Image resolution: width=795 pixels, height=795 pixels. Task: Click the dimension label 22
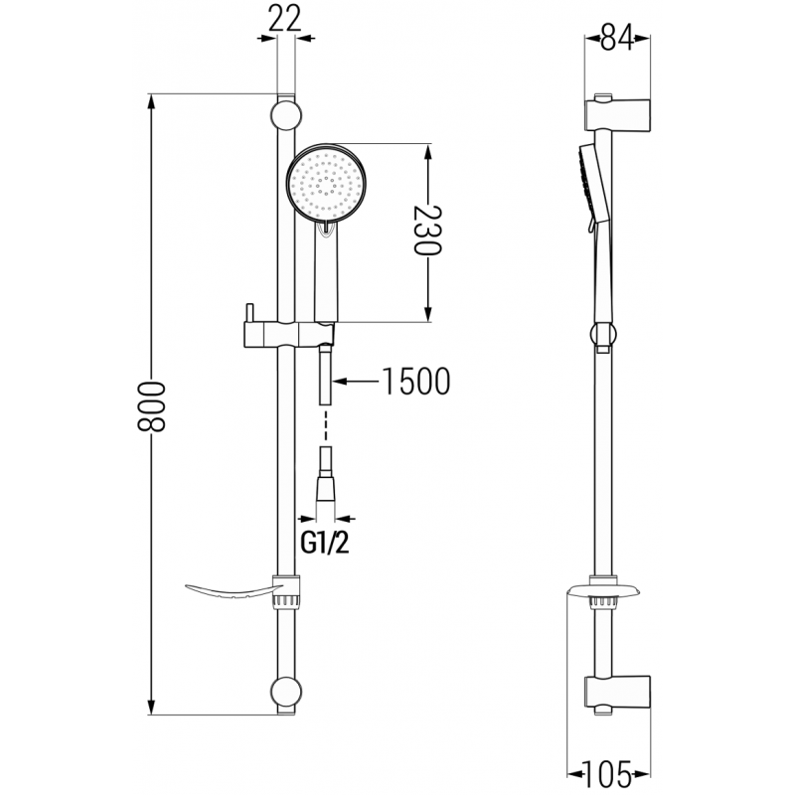point(285,19)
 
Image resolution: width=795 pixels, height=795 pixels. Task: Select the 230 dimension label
point(427,233)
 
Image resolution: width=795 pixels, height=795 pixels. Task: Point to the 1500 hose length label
point(415,381)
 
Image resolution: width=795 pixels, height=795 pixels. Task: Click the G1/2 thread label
point(315,545)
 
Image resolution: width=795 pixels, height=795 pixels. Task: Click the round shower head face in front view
point(327,184)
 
